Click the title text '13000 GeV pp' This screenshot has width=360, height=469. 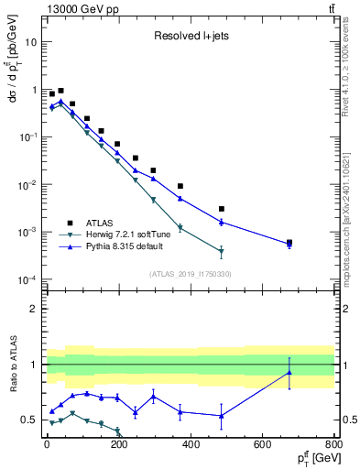click(75, 9)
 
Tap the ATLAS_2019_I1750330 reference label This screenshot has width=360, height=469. click(190, 274)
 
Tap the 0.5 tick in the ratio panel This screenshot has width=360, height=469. click(31, 420)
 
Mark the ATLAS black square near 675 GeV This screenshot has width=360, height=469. click(289, 243)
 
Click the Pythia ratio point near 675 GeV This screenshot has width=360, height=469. click(289, 372)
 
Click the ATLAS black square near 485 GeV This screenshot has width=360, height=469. click(222, 209)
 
